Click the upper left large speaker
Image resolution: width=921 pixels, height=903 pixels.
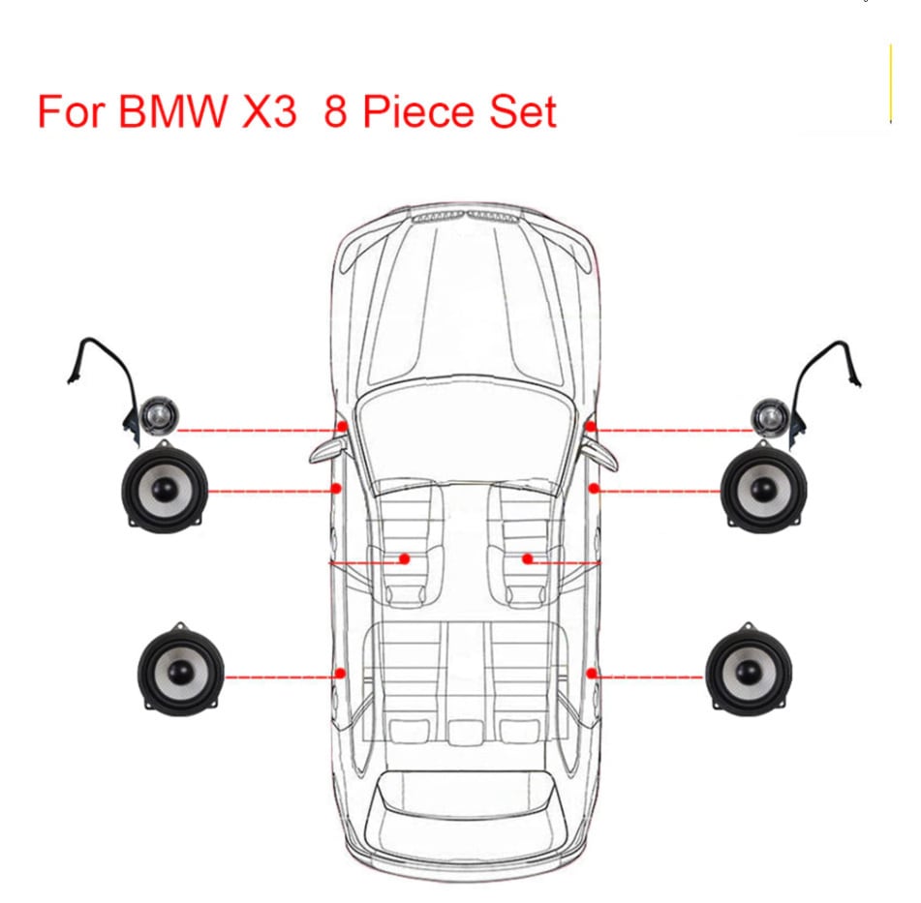(x=160, y=490)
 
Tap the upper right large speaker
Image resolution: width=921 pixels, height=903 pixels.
(x=765, y=491)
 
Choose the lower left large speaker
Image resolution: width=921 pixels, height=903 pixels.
(x=181, y=666)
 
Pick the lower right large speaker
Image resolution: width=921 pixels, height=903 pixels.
(x=749, y=666)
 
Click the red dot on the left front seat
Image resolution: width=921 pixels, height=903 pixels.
(x=405, y=558)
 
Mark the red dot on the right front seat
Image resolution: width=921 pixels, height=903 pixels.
(x=528, y=558)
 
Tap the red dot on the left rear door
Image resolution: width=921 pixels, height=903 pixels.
(x=340, y=673)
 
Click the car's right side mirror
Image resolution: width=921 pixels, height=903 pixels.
(x=601, y=450)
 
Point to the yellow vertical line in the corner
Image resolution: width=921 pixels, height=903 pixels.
(x=890, y=83)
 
